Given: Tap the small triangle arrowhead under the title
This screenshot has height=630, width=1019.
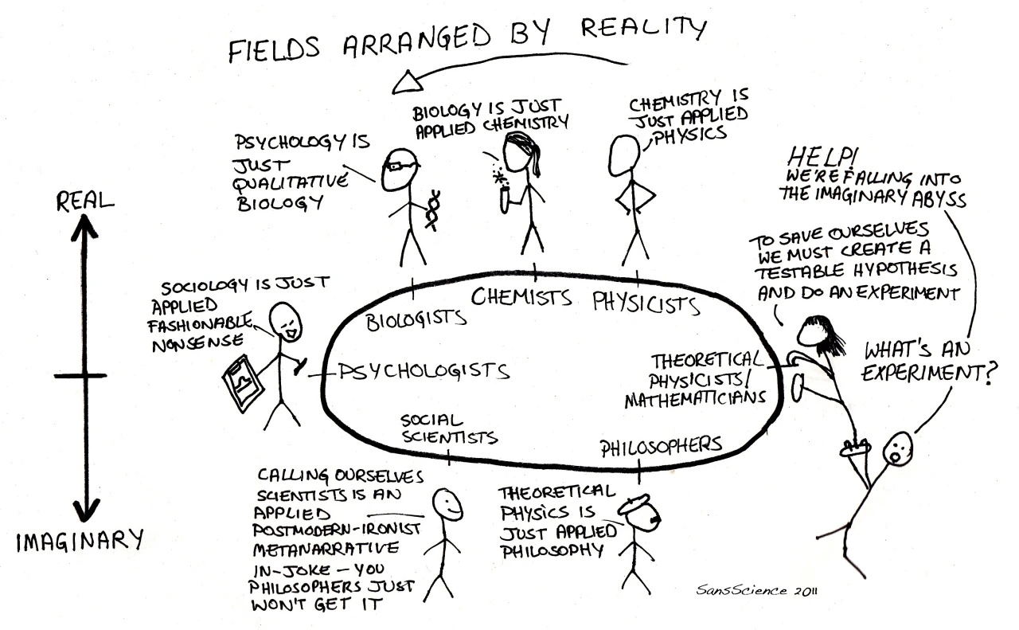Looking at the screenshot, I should click(409, 80).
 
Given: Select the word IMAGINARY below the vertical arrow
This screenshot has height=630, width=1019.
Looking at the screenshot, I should click(80, 542).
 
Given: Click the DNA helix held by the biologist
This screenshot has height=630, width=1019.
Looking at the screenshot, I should click(434, 209).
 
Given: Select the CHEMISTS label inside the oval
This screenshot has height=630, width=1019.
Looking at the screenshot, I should click(521, 298).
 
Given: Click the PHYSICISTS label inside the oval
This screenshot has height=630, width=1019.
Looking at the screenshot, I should click(646, 303).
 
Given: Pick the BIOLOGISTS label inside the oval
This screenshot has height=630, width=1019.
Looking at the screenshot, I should click(416, 319).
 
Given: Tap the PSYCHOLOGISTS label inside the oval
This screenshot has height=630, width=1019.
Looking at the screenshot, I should click(424, 370).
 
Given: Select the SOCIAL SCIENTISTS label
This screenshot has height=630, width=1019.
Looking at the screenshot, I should click(449, 428).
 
